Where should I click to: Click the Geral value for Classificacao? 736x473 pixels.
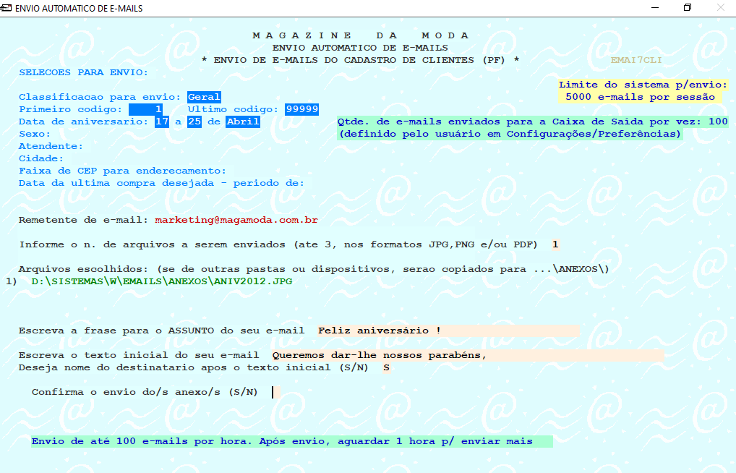pyautogui.click(x=204, y=97)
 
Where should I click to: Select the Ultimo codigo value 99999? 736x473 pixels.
pyautogui.click(x=302, y=109)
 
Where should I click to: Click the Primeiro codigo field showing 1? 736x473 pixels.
pyautogui.click(x=147, y=109)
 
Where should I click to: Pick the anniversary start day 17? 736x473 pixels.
pyautogui.click(x=162, y=122)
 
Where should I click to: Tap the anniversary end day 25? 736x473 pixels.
pyautogui.click(x=194, y=122)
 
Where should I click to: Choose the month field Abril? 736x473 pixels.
pyautogui.click(x=243, y=122)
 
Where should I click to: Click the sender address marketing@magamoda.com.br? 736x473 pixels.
pyautogui.click(x=236, y=219)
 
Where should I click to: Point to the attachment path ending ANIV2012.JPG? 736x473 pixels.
pyautogui.click(x=163, y=281)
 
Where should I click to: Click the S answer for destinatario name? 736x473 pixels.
pyautogui.click(x=387, y=367)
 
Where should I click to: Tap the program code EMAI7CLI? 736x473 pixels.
pyautogui.click(x=636, y=60)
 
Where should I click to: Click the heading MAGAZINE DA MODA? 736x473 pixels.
pyautogui.click(x=361, y=35)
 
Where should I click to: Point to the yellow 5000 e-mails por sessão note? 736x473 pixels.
pyautogui.click(x=640, y=97)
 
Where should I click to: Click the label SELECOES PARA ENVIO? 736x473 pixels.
pyautogui.click(x=83, y=72)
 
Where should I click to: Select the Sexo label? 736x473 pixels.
pyautogui.click(x=34, y=134)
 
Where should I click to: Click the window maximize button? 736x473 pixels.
pyautogui.click(x=688, y=8)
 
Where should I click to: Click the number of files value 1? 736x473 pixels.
pyautogui.click(x=555, y=244)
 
